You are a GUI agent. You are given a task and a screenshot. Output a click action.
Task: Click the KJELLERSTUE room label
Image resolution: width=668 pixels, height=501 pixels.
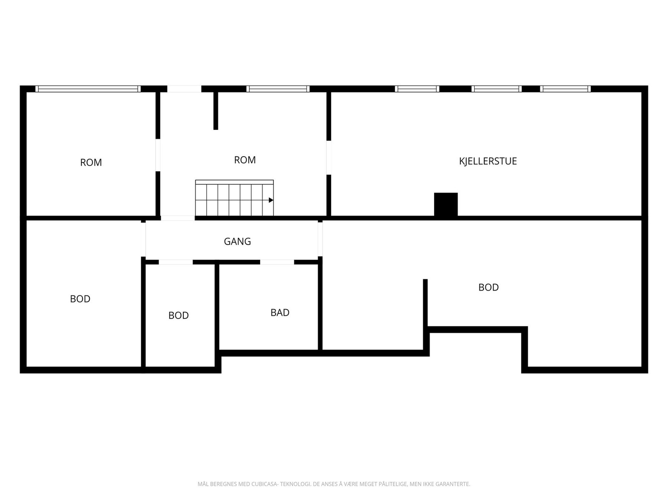click(488, 161)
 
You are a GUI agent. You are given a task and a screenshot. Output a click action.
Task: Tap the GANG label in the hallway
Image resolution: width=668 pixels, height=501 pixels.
click(238, 241)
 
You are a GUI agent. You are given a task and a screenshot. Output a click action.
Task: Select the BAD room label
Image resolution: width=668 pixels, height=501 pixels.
click(280, 312)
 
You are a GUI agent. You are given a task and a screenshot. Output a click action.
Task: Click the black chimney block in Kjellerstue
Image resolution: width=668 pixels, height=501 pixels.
click(445, 205)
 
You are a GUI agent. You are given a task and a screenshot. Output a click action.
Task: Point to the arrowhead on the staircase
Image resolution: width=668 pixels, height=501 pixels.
click(271, 200)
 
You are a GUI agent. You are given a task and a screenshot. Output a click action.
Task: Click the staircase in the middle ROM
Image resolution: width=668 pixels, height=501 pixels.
click(234, 198)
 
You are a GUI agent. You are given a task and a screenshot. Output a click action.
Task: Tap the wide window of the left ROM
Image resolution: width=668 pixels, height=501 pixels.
click(88, 89)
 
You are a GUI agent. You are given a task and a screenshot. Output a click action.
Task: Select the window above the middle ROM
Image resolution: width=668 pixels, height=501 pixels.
click(278, 89)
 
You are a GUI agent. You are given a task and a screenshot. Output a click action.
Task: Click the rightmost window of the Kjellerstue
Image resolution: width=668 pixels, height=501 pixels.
click(565, 89)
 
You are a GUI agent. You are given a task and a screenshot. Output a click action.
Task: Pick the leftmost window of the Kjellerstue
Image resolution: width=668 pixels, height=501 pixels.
click(417, 89)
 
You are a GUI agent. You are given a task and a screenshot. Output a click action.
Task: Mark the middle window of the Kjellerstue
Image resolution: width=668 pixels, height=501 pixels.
click(497, 89)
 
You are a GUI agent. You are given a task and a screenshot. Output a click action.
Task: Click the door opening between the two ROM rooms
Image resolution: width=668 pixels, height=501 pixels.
click(158, 155)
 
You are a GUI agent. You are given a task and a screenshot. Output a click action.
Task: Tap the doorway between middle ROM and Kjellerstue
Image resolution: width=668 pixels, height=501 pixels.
click(329, 157)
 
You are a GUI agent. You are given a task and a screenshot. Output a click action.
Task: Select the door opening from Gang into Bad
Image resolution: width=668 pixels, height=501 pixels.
click(277, 262)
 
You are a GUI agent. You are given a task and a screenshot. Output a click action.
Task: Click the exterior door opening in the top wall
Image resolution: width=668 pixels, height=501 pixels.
click(184, 89)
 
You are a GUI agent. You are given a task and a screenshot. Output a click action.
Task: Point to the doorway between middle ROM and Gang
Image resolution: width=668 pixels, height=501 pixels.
click(178, 218)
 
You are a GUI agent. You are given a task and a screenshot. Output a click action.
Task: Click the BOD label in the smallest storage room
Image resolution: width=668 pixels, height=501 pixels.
click(178, 315)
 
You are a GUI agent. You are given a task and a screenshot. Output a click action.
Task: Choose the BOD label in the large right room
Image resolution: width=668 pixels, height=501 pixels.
click(488, 287)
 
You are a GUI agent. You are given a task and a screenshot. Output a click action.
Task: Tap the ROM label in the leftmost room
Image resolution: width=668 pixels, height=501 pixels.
click(91, 162)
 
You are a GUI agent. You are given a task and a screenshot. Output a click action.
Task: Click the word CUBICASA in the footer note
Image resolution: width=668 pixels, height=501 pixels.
click(264, 484)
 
